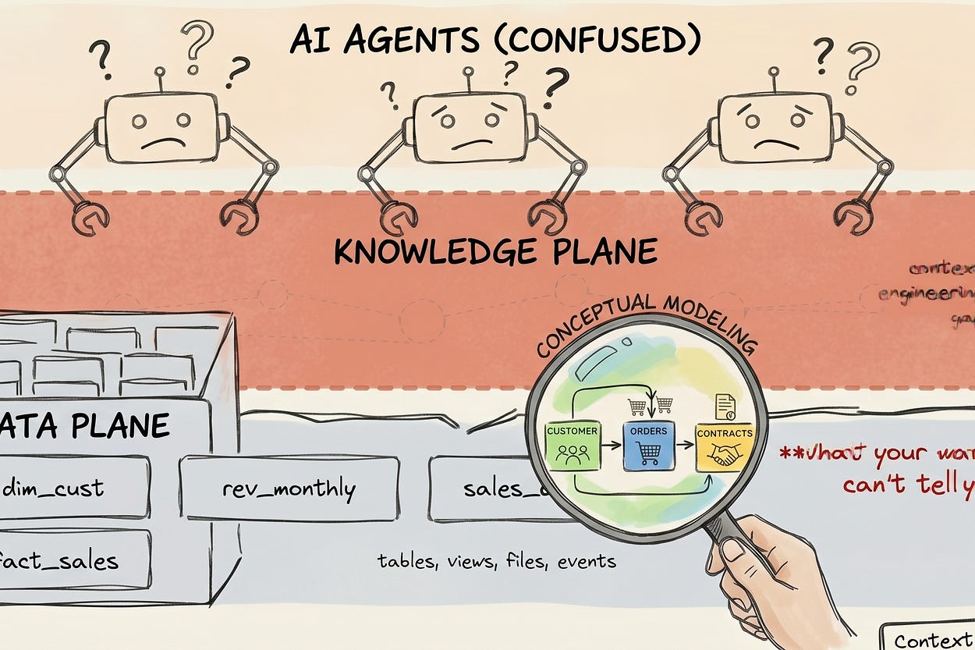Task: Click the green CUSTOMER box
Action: click(573, 446)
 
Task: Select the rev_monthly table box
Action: click(289, 488)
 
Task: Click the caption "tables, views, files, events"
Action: click(496, 560)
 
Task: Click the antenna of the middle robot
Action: click(469, 79)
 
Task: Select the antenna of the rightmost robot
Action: click(774, 78)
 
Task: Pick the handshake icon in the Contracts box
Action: click(725, 456)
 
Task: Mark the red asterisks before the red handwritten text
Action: click(789, 451)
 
